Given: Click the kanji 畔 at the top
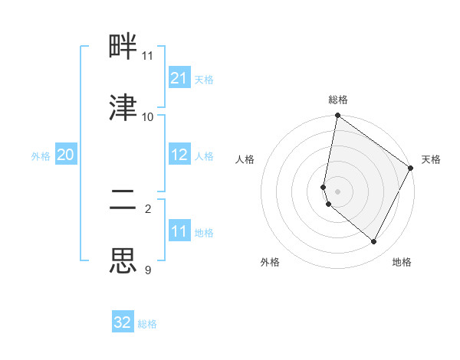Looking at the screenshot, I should [x=123, y=48].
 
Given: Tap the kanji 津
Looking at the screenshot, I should [x=123, y=108].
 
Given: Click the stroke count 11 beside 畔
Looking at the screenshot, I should [x=148, y=56].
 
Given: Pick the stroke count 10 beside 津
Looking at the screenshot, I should [x=148, y=116].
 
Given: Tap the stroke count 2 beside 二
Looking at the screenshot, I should [x=148, y=208].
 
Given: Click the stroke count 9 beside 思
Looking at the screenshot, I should [x=148, y=269].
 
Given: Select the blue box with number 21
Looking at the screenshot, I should [x=179, y=78].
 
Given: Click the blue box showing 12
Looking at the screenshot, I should [x=179, y=155].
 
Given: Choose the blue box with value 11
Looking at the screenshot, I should [x=179, y=231].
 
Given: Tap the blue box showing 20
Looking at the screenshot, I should [x=66, y=155].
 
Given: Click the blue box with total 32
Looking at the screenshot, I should [x=123, y=322].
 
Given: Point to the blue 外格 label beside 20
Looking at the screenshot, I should [x=41, y=155].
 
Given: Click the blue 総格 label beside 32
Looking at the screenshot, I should [x=147, y=323].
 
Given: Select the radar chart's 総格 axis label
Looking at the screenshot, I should [x=337, y=100].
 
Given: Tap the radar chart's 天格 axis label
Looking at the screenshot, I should [x=431, y=159].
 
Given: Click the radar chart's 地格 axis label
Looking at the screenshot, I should [x=402, y=262].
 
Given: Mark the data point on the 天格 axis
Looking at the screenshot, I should [x=411, y=169].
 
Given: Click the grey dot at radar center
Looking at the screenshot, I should [x=337, y=191].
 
